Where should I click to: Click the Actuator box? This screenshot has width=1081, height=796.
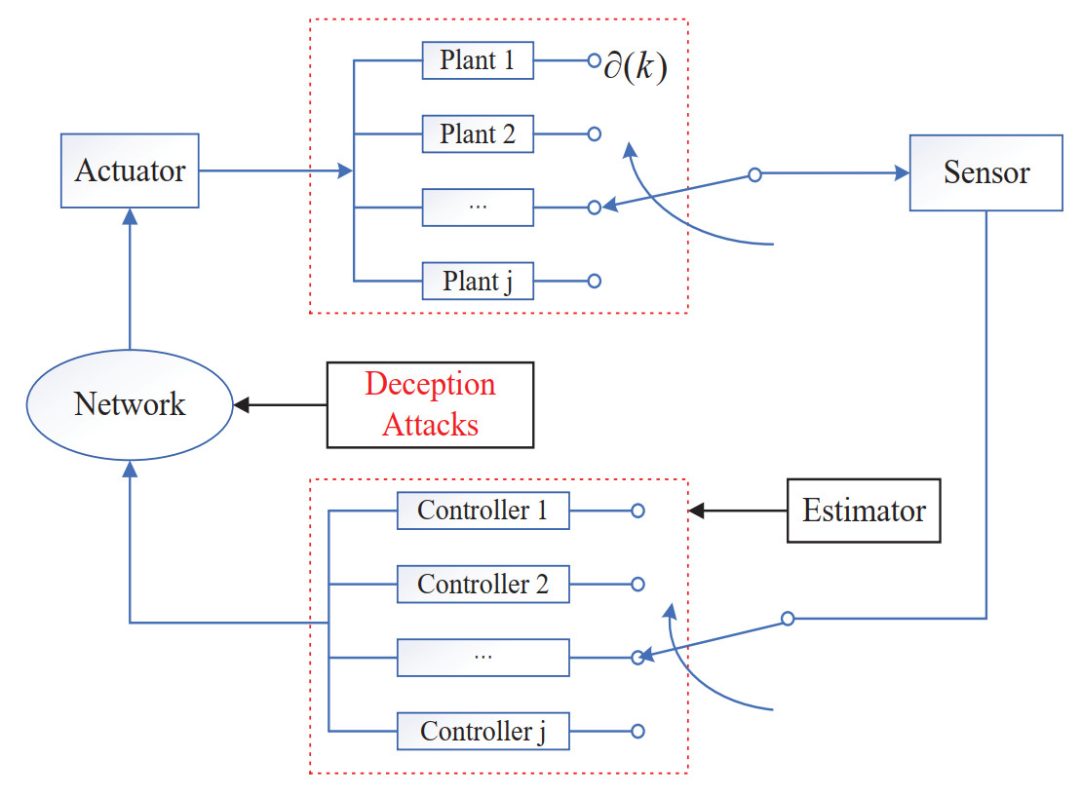(130, 171)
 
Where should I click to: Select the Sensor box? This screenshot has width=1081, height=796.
(985, 173)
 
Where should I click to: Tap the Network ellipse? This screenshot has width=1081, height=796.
(130, 404)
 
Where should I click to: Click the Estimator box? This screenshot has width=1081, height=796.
(864, 511)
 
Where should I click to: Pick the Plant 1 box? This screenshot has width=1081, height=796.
(478, 60)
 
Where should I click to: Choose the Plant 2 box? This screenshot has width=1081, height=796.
(478, 133)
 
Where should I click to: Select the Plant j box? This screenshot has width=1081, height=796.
(478, 282)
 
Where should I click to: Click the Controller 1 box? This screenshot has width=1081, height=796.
(483, 511)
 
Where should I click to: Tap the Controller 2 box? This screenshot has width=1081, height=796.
(483, 585)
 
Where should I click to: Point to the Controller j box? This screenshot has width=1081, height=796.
(483, 731)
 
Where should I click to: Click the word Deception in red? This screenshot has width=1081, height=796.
(430, 384)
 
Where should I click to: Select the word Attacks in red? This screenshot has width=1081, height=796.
(430, 424)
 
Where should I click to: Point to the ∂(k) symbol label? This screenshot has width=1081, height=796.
(635, 71)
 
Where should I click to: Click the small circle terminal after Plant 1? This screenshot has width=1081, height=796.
(594, 60)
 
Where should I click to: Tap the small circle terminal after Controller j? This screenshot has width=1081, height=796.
(637, 731)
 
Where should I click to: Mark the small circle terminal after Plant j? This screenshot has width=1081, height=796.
(594, 282)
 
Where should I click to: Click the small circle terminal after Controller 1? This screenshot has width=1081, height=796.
(637, 511)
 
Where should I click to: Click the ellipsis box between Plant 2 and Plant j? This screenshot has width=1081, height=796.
(478, 208)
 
